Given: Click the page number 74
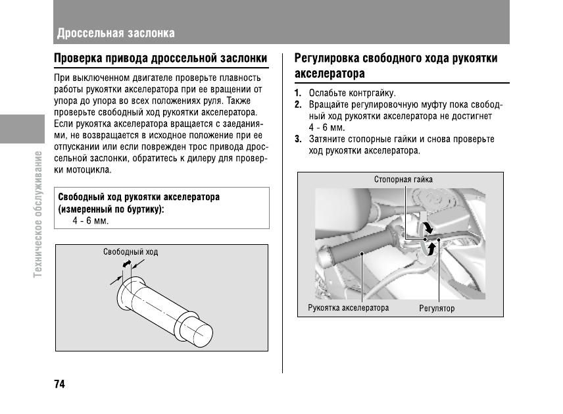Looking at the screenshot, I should coord(59,384).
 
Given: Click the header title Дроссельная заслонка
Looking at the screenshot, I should coord(116,33).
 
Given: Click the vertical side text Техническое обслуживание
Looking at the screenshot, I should coord(39,214).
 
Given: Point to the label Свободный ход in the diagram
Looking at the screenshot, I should coord(130,252).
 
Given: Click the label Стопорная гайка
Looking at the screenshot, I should coord(403,179).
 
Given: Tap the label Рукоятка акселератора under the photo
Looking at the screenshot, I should coord(348,307).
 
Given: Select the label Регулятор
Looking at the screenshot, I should coord(437,308).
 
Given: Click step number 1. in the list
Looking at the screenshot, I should coord(298,93).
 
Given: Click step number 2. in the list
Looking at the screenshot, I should coord(298,105).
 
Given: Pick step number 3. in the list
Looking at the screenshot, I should coord(298,139).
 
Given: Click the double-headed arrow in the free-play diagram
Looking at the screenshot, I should coord(127,264).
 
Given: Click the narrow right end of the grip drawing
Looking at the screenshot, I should coord(201,332).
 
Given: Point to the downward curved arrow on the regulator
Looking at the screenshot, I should coord(428,226).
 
